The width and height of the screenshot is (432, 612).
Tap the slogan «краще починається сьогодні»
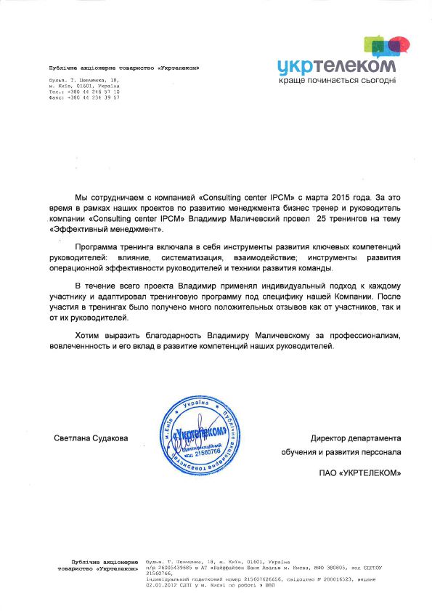(x=338, y=80)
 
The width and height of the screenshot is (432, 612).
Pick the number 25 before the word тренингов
(x=323, y=218)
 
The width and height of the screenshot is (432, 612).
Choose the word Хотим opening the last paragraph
(x=88, y=337)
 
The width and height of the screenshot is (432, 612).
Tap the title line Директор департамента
(x=355, y=438)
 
